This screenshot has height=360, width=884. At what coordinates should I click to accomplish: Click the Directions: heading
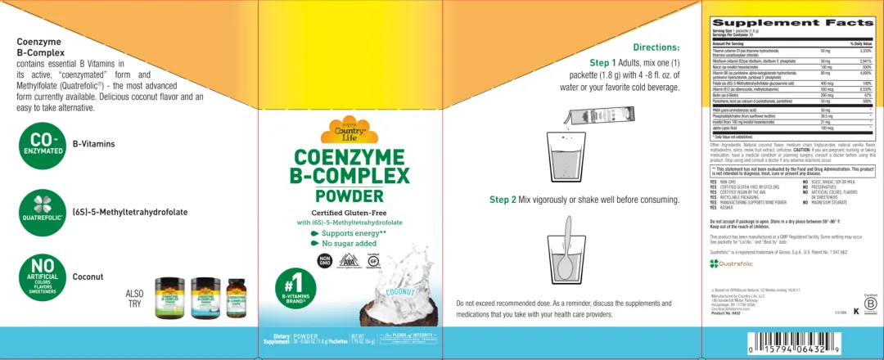657,47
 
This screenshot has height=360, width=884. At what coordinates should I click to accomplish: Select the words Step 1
607,62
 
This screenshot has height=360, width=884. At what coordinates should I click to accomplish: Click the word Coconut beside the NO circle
88,277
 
